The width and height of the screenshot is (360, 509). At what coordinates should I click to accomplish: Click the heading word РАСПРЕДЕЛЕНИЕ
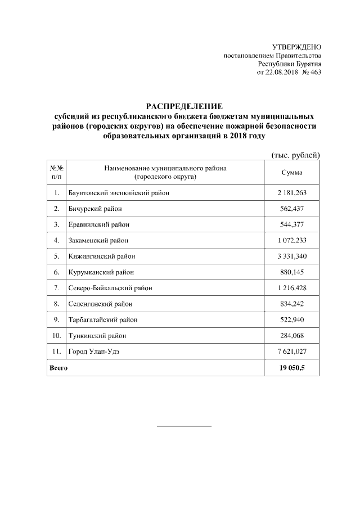click(x=184, y=107)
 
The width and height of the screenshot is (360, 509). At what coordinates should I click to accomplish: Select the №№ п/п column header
click(x=56, y=173)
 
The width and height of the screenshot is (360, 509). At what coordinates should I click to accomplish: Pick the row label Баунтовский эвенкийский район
click(x=119, y=193)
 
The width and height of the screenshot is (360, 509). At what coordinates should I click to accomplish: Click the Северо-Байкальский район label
click(x=110, y=288)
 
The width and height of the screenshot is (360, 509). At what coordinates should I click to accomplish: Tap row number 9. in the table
click(x=56, y=320)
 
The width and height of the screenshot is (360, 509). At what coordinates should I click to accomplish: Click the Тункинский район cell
click(x=97, y=336)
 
